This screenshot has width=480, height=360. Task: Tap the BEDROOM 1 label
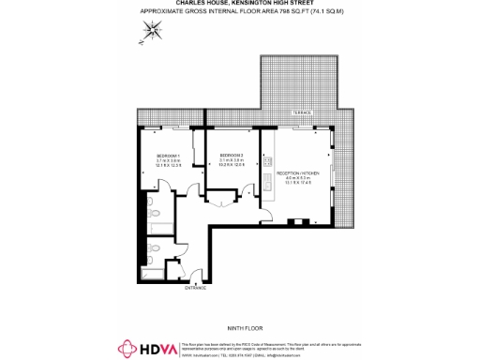tap(170, 155)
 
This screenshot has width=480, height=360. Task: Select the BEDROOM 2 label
tap(232, 155)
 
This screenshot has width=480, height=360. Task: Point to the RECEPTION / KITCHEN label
tap(298, 173)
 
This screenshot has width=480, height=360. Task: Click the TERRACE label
tap(300, 113)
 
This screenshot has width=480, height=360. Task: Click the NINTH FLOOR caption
tap(242, 327)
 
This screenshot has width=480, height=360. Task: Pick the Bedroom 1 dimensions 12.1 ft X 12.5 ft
tap(170, 166)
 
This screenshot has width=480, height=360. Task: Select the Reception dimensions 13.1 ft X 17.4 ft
tap(298, 186)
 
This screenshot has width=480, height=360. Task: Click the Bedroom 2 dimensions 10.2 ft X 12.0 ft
tap(232, 166)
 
